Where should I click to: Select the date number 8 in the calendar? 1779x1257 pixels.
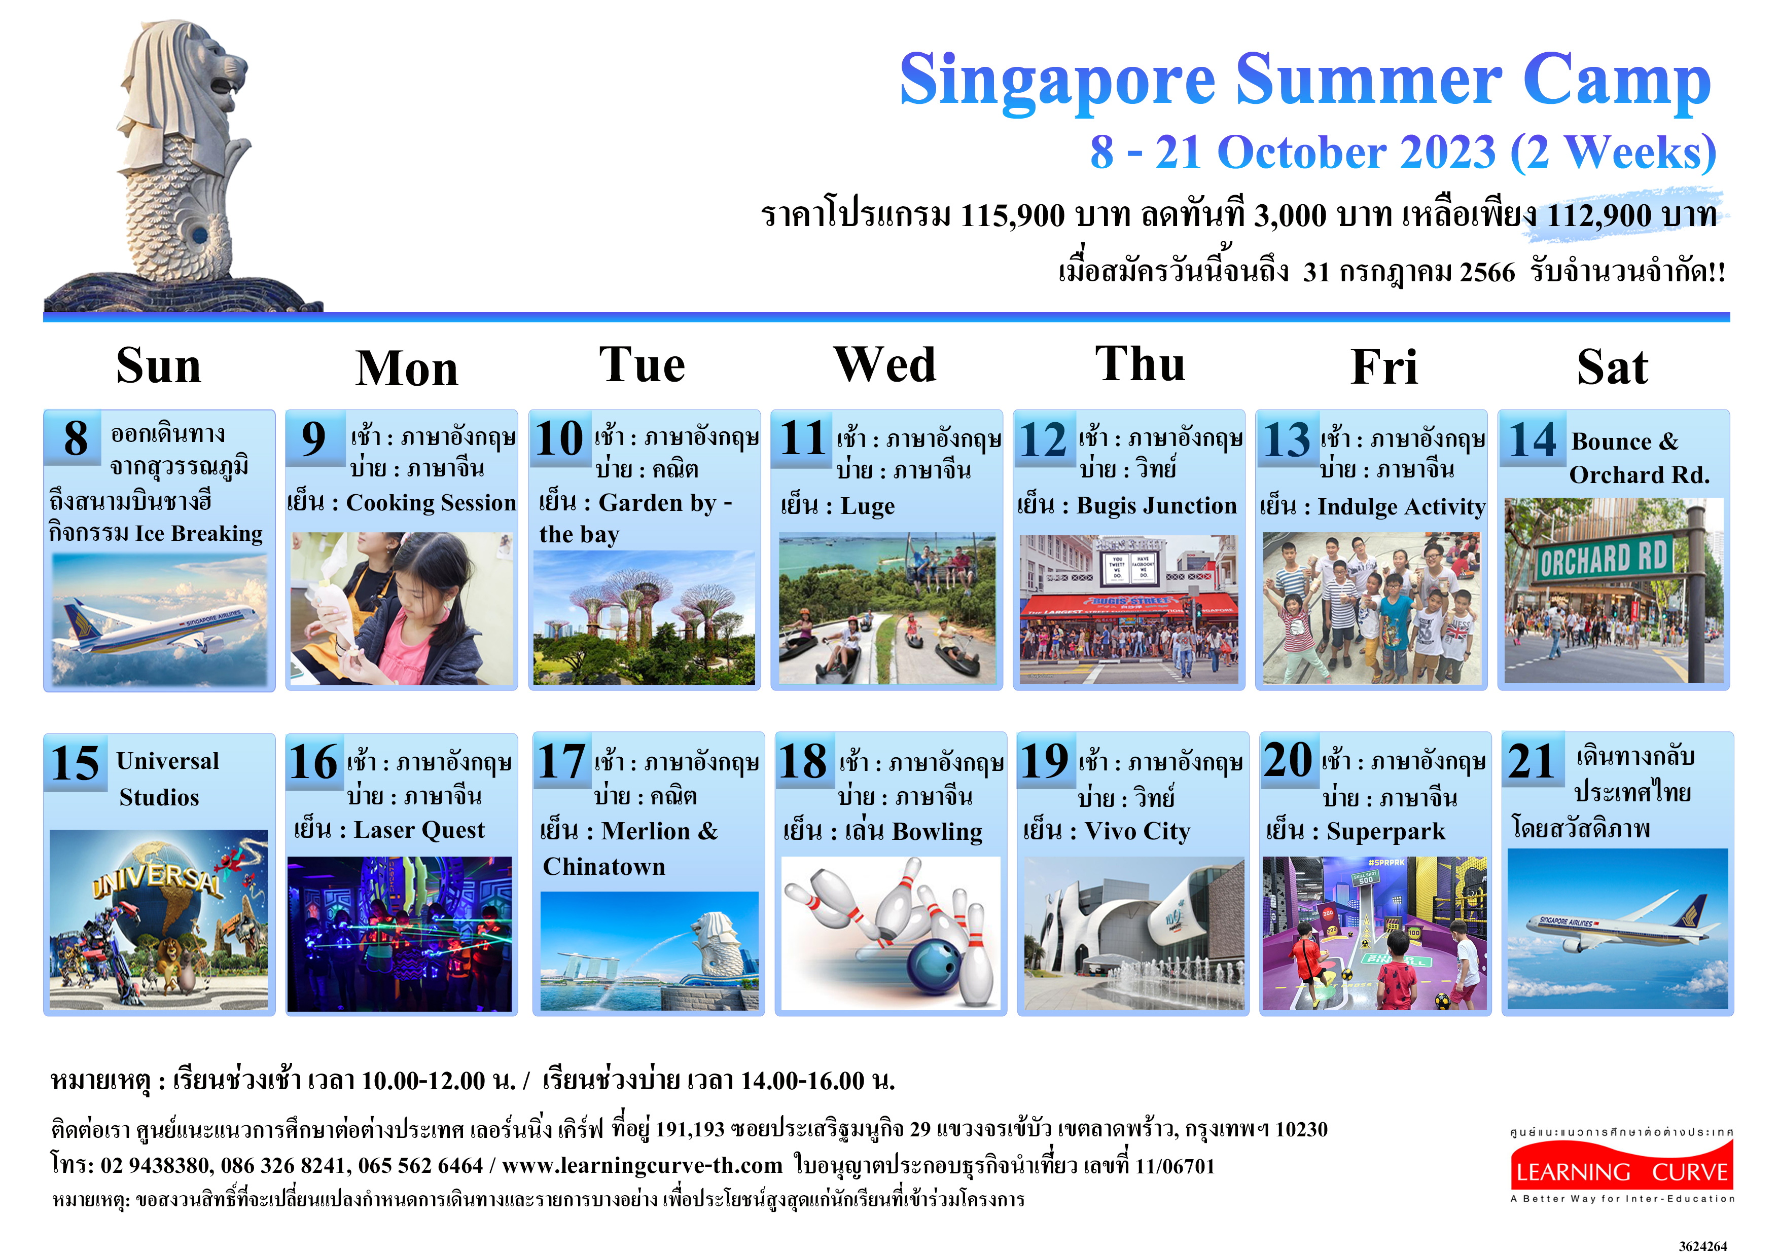(x=75, y=438)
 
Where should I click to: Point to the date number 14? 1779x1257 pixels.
(x=1532, y=440)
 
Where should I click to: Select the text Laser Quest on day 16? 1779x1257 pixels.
(x=419, y=830)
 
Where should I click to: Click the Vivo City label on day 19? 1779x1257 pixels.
(x=1137, y=831)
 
